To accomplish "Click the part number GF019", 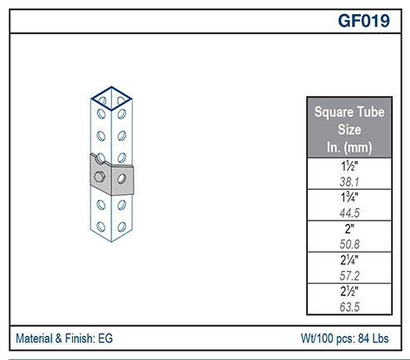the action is point(364,21).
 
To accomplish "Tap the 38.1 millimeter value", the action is point(349,182).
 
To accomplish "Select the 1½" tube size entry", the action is point(349,166).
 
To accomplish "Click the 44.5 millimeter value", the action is point(349,213).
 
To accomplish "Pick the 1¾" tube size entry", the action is point(349,197).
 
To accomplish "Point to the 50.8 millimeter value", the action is point(349,245).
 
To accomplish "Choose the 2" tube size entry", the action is point(349,229).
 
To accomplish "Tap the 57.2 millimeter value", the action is point(349,275).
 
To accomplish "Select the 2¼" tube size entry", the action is point(349,260).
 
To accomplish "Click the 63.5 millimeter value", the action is point(349,307).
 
